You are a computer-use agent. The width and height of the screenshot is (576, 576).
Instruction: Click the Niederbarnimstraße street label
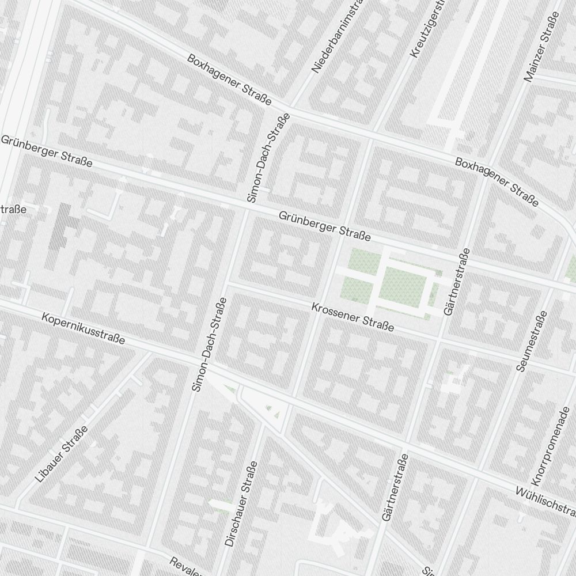336,38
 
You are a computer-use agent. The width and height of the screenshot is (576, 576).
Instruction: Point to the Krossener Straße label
352,317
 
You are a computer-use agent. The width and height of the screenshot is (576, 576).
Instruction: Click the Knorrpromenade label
551,445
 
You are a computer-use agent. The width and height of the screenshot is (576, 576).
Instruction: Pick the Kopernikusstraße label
83,328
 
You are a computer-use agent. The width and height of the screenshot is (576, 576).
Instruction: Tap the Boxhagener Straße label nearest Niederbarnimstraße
229,79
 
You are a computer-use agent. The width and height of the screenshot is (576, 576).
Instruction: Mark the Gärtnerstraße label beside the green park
456,282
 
